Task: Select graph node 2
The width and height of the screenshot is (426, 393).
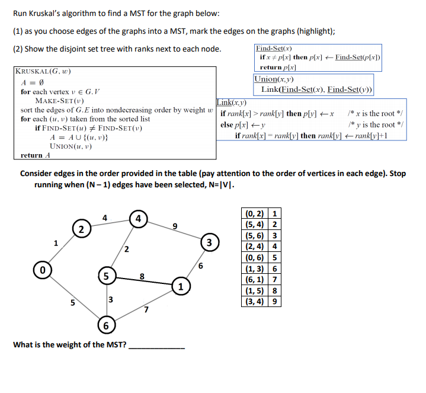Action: tap(81, 229)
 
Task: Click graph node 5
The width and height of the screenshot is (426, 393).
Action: tap(107, 276)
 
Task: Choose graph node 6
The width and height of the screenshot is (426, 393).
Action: tap(107, 326)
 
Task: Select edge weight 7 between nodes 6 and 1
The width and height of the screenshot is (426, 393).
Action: tap(146, 309)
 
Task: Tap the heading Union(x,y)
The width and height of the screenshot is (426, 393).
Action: tap(274, 79)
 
